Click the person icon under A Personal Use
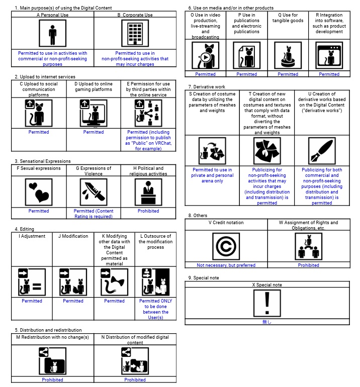pos(52,34)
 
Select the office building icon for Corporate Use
pos(135,34)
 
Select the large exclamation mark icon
pos(267,304)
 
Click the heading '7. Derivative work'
pos(207,86)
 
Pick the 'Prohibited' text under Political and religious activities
pos(148,211)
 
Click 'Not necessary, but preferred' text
pos(226,265)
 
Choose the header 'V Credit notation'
pos(226,223)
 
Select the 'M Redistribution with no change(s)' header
pos(53,337)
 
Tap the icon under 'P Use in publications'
pos(246,55)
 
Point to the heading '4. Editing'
pos(24,229)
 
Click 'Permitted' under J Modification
pos(73,301)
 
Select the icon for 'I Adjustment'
pos(32,282)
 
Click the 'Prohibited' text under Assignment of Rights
pos(308,265)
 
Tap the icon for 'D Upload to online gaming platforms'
pos(94,113)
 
